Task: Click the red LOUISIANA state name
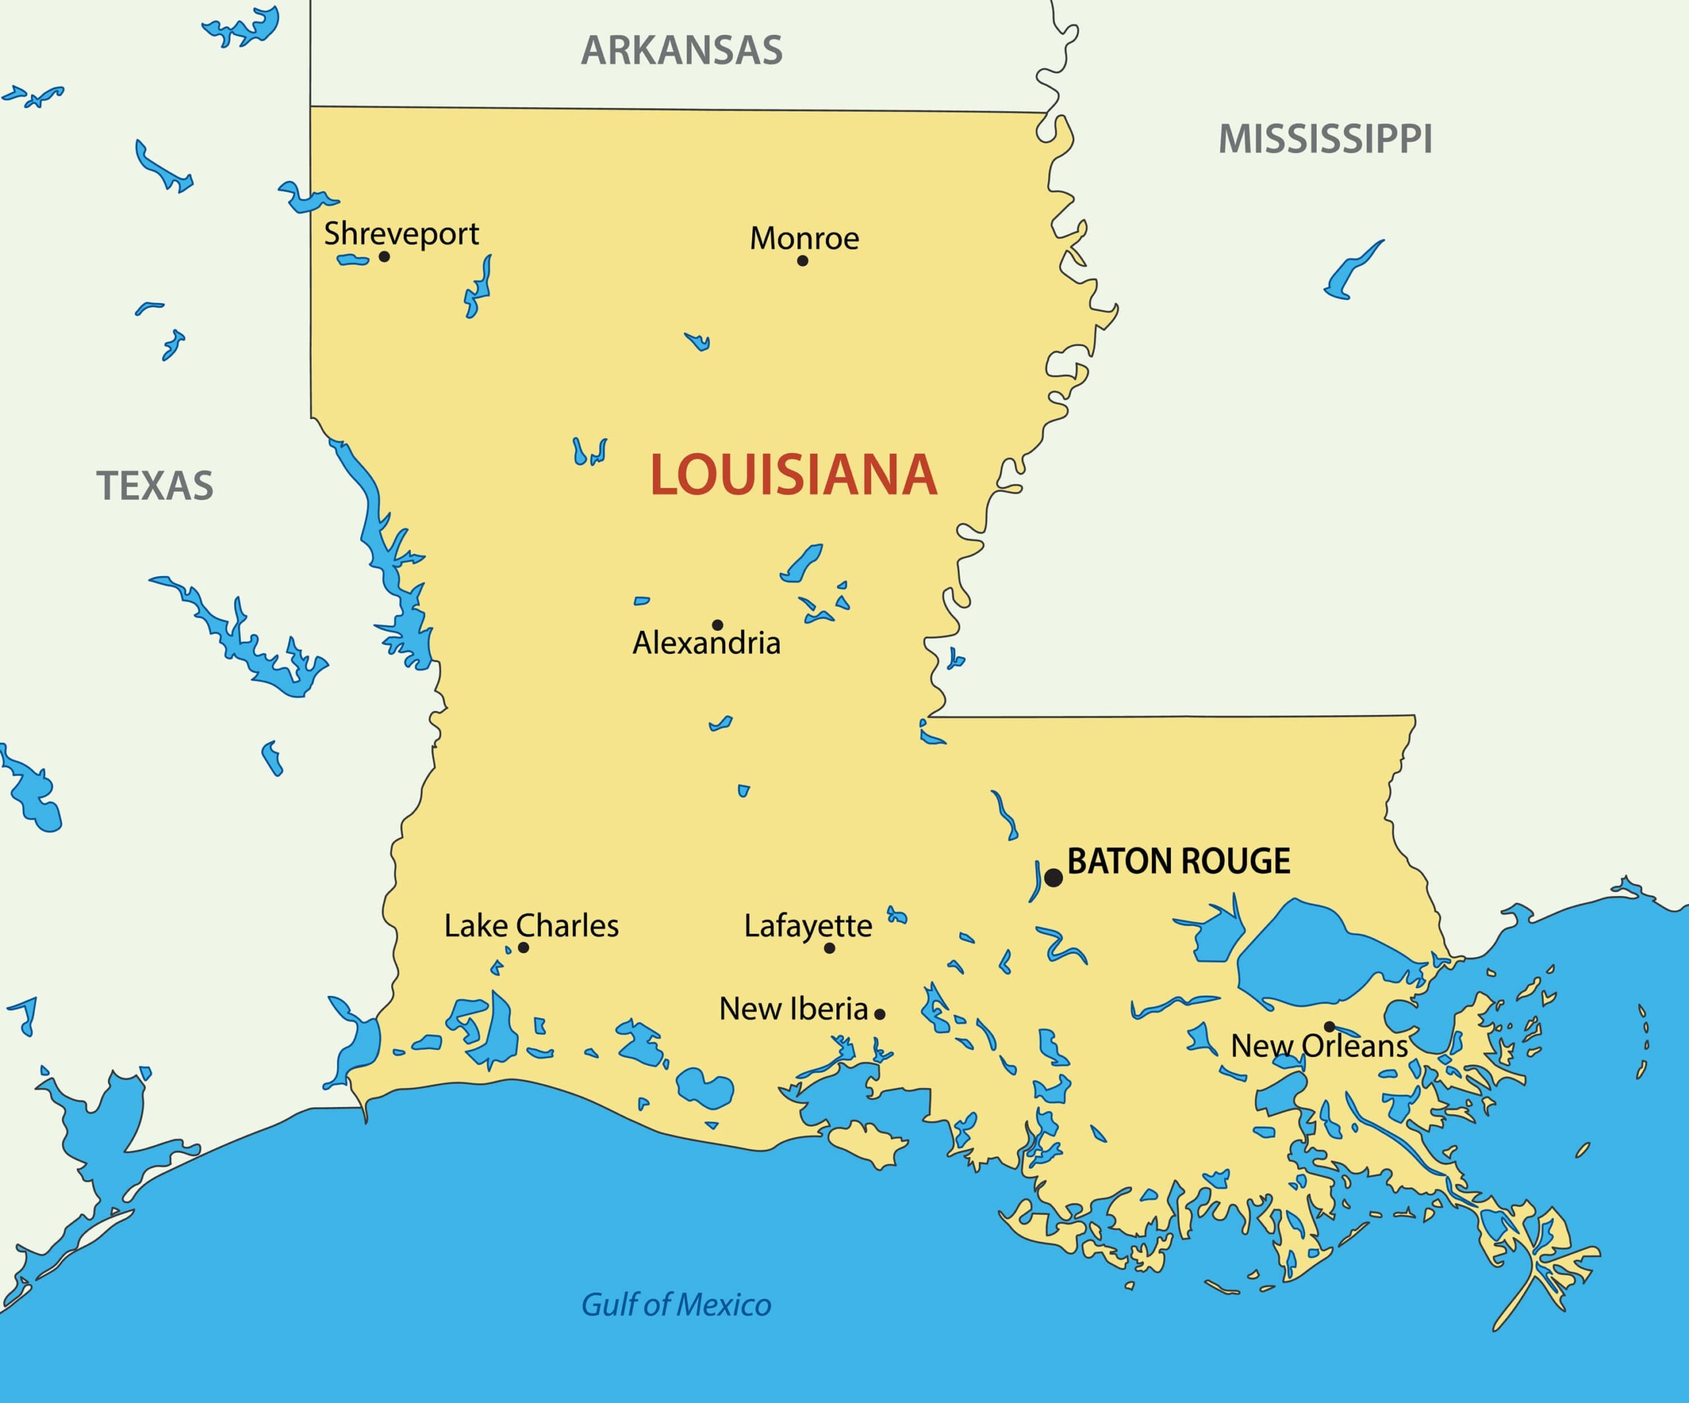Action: click(793, 475)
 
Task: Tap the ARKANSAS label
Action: click(682, 51)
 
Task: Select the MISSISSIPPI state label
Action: click(1325, 139)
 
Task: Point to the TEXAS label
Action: click(155, 486)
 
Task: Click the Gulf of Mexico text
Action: click(676, 1305)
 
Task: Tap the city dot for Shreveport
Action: click(385, 257)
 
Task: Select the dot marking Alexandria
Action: click(717, 625)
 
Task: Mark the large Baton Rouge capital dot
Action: click(1054, 878)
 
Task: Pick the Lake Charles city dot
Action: click(524, 948)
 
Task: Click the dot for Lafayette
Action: click(830, 948)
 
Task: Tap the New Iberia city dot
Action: click(880, 1014)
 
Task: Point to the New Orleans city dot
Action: click(1329, 1026)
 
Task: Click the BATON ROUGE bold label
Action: click(1178, 862)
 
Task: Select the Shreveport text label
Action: click(401, 234)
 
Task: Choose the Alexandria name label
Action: click(706, 643)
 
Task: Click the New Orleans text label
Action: click(1319, 1047)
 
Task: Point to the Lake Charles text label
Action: click(532, 926)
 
